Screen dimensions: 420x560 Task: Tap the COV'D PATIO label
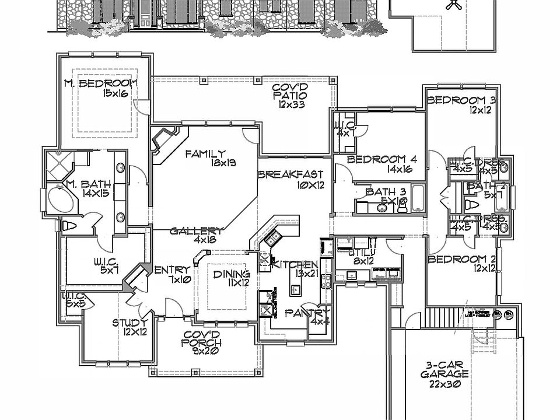point(290,89)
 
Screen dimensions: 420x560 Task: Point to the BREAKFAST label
point(290,174)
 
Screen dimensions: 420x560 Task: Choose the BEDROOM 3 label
point(461,100)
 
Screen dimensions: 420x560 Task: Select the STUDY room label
point(130,322)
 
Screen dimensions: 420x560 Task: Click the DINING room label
point(232,274)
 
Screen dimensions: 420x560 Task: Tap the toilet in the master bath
point(69,226)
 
